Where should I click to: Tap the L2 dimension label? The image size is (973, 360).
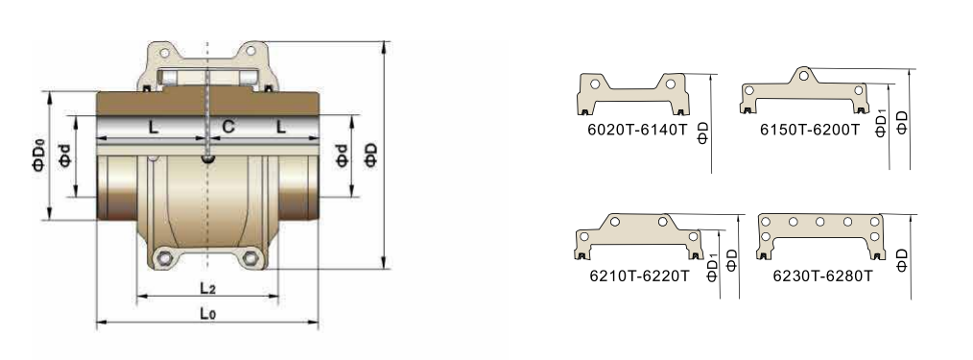coord(208,287)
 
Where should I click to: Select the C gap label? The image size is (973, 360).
coord(228,128)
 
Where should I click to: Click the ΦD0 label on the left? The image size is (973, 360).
coord(38,155)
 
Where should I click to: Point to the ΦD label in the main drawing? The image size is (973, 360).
coord(371,155)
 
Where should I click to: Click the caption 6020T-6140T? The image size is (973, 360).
coord(637,130)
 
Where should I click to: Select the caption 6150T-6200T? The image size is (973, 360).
coord(810,130)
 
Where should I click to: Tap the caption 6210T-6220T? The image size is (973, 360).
coord(639,276)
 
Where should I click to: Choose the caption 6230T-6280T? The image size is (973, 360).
coord(822,276)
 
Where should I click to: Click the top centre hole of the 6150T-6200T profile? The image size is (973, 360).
coord(803,76)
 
